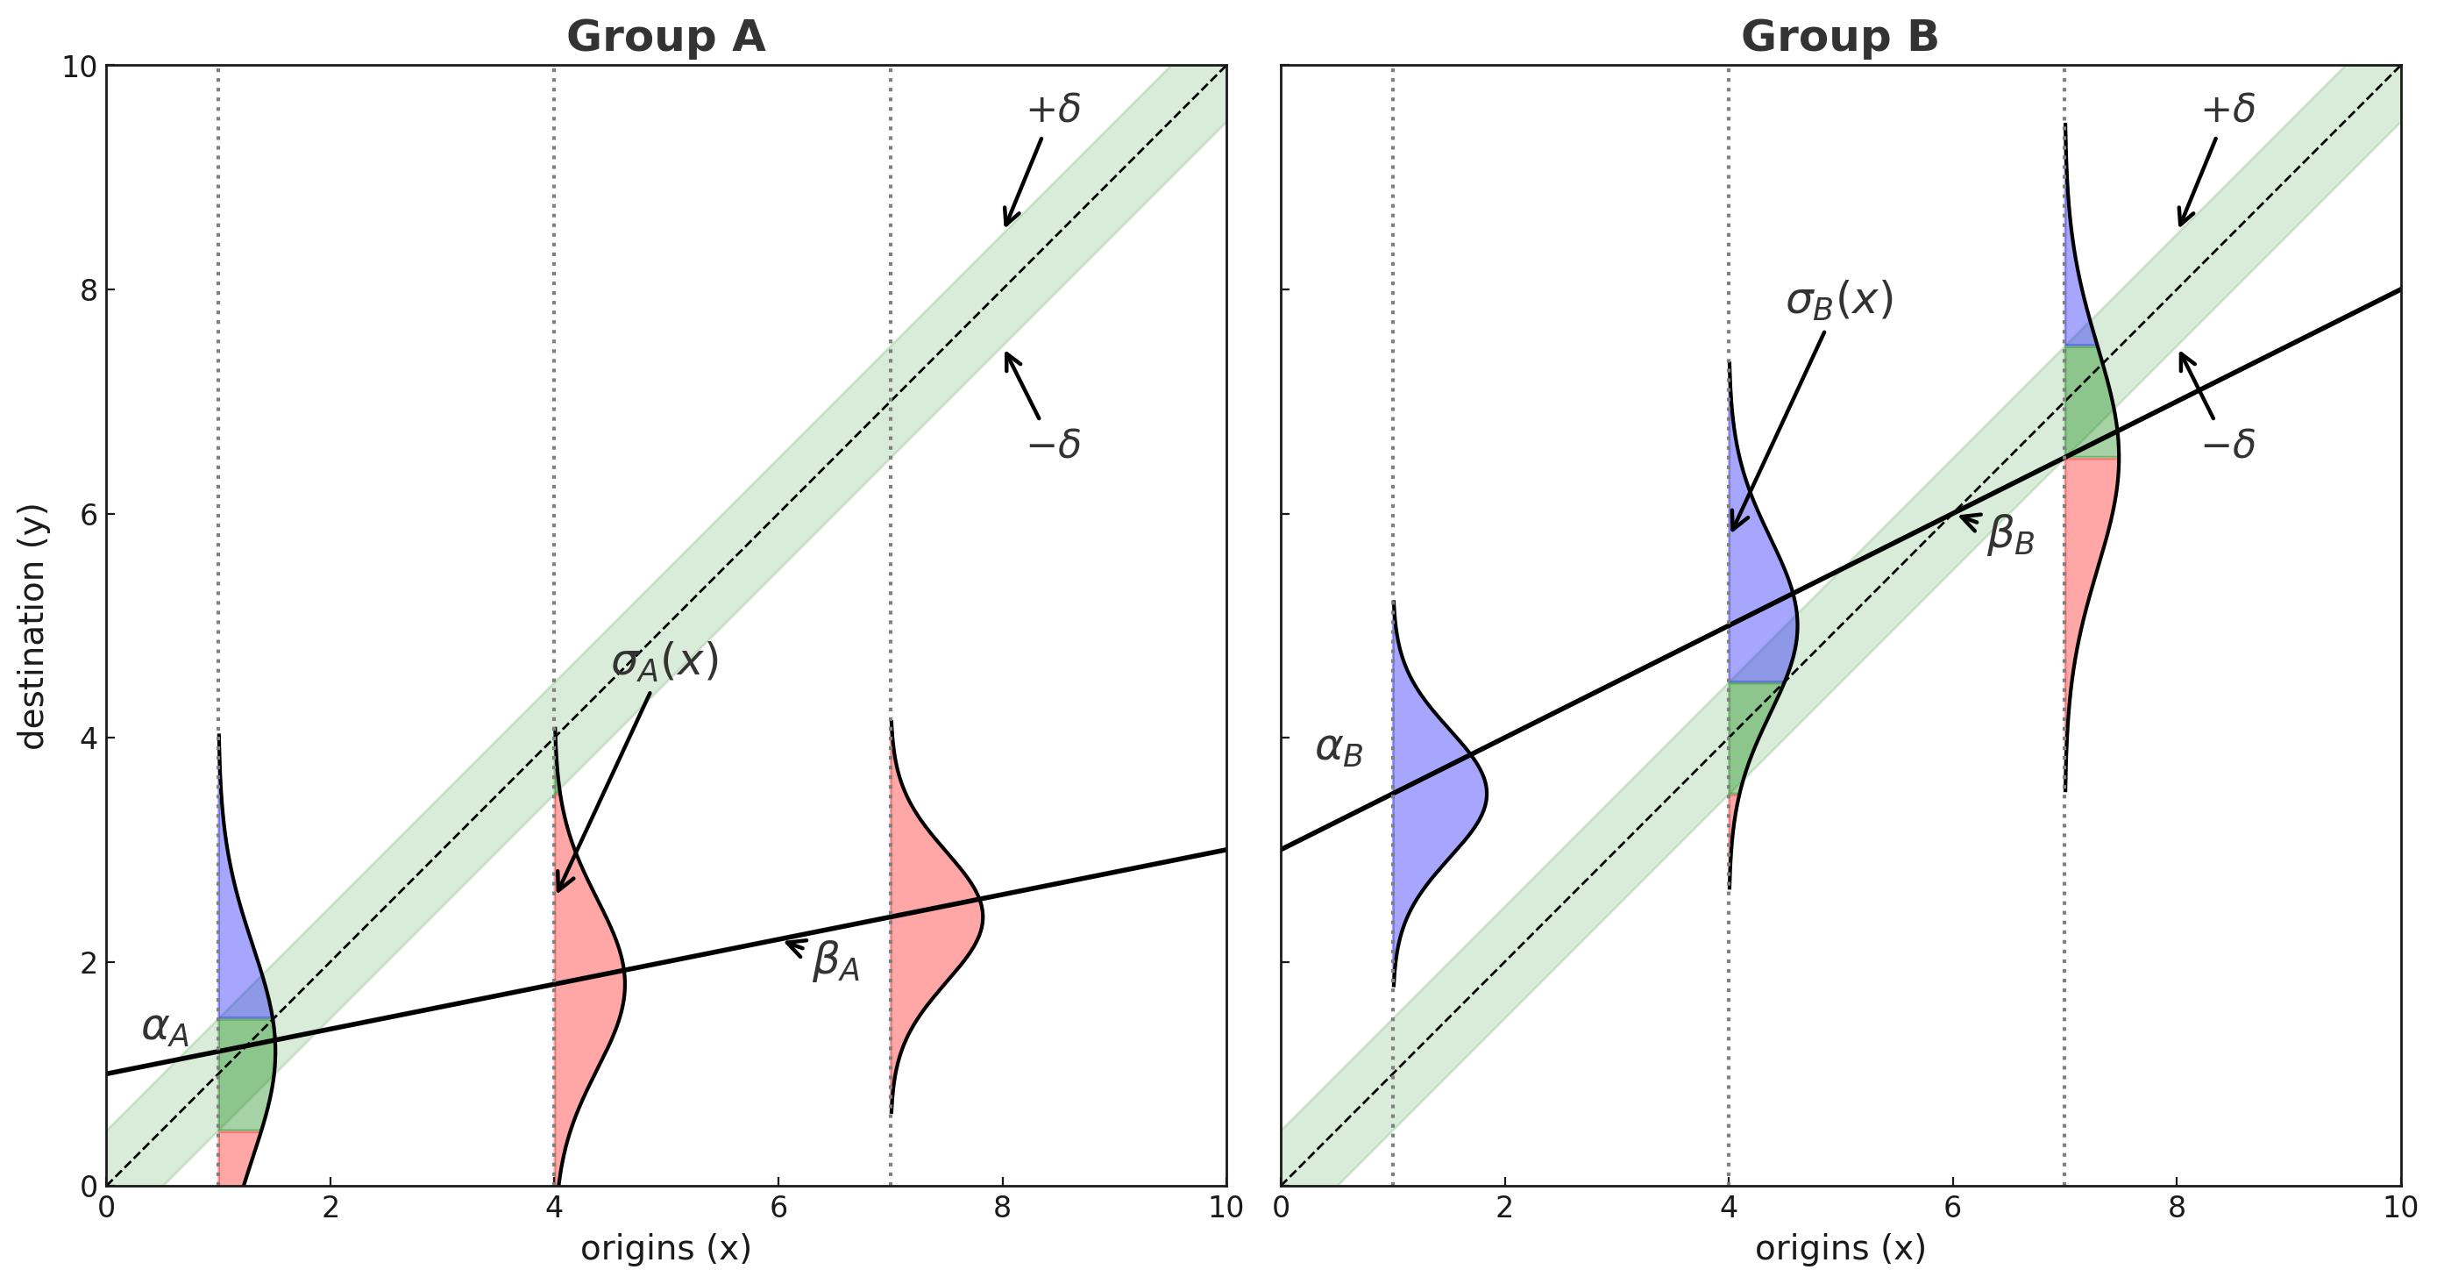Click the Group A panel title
pyautogui.click(x=665, y=38)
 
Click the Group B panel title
pyautogui.click(x=1839, y=38)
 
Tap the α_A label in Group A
pyautogui.click(x=166, y=1029)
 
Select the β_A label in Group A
pyautogui.click(x=835, y=960)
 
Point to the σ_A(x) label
pyautogui.click(x=665, y=661)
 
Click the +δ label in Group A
pyautogui.click(x=1054, y=109)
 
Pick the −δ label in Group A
pyautogui.click(x=1054, y=444)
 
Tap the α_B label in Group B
pyautogui.click(x=1339, y=749)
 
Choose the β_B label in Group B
pyautogui.click(x=2010, y=535)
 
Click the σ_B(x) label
pyautogui.click(x=1839, y=301)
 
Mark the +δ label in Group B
pyautogui.click(x=2227, y=109)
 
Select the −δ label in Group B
pyautogui.click(x=2227, y=444)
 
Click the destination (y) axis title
pyautogui.click(x=32, y=626)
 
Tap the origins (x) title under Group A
pyautogui.click(x=665, y=1248)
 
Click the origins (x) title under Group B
pyautogui.click(x=1839, y=1248)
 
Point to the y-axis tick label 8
pyautogui.click(x=89, y=290)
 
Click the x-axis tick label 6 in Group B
pyautogui.click(x=1951, y=1209)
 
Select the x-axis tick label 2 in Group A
pyautogui.click(x=330, y=1209)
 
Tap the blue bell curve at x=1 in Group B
pyautogui.click(x=1433, y=795)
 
